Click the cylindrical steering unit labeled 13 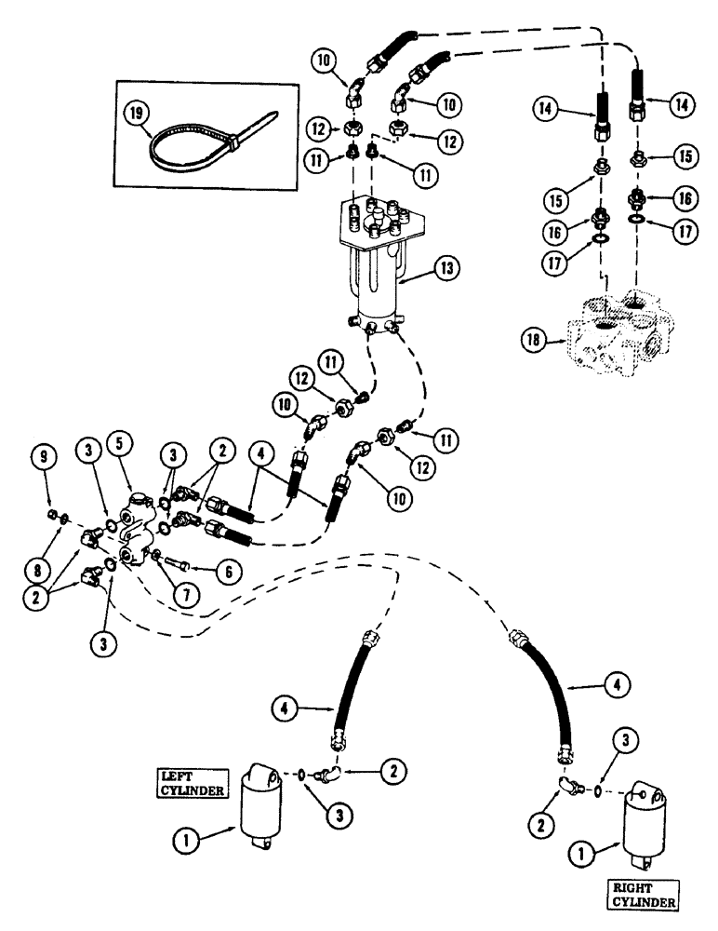pos(377,270)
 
